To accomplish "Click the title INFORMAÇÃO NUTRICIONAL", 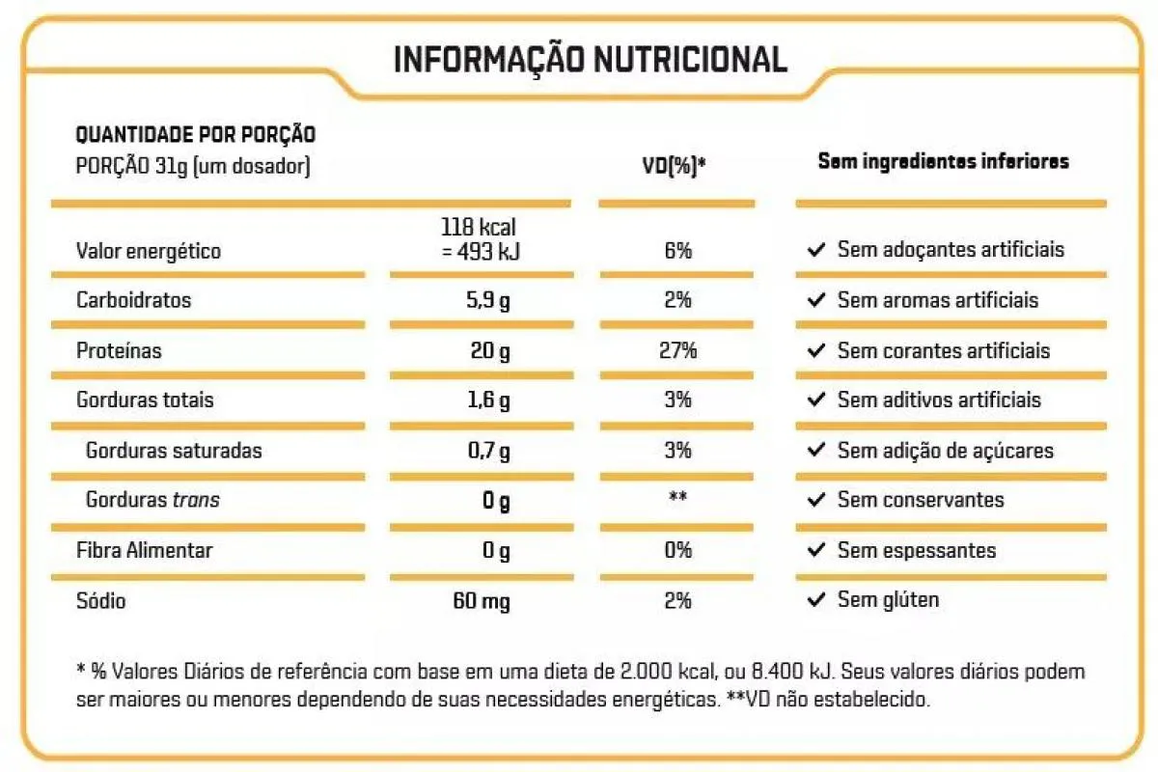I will pyautogui.click(x=590, y=59).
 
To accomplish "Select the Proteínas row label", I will pyautogui.click(x=119, y=350).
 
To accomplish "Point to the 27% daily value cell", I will pyautogui.click(x=677, y=350).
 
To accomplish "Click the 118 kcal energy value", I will pyautogui.click(x=479, y=228).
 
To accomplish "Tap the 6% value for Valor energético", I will pyautogui.click(x=677, y=251).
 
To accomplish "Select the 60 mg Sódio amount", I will pyautogui.click(x=482, y=601).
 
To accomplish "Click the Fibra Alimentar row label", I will pyautogui.click(x=144, y=551).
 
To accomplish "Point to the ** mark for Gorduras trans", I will pyautogui.click(x=677, y=499).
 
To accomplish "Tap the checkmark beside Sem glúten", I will pyautogui.click(x=816, y=600).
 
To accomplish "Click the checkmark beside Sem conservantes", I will pyautogui.click(x=816, y=500).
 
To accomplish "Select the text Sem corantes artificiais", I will pyautogui.click(x=944, y=350).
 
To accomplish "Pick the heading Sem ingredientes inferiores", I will pyautogui.click(x=943, y=161).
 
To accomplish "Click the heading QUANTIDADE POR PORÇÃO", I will pyautogui.click(x=195, y=135).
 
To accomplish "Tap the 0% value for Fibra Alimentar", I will pyautogui.click(x=677, y=551).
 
